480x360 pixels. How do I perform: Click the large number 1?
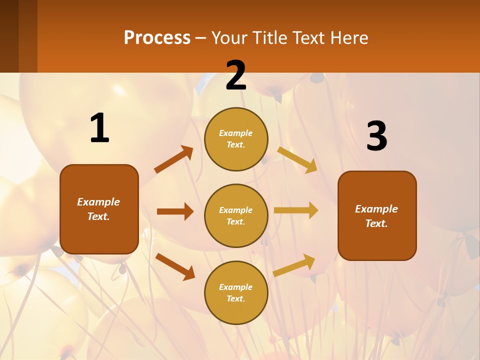click(99, 128)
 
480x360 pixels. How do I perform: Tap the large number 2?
click(236, 76)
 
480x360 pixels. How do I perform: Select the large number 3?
click(376, 136)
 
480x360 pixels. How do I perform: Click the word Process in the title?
click(157, 37)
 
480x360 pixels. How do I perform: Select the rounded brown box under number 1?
click(99, 209)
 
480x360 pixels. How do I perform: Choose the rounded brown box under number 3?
click(377, 215)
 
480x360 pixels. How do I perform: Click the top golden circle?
click(236, 139)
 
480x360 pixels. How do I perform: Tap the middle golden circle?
click(236, 215)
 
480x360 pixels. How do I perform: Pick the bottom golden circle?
click(236, 292)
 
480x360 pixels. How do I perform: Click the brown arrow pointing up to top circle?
click(173, 159)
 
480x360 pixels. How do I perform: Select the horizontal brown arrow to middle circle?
click(175, 211)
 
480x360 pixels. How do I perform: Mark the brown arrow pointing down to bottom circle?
click(175, 266)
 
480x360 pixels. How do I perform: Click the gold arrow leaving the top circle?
click(297, 159)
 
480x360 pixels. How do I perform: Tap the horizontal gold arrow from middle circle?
click(296, 210)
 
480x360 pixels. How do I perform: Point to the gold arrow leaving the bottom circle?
click(294, 265)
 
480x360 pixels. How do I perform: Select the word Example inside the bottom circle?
click(235, 287)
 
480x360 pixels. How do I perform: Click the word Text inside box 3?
click(376, 223)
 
